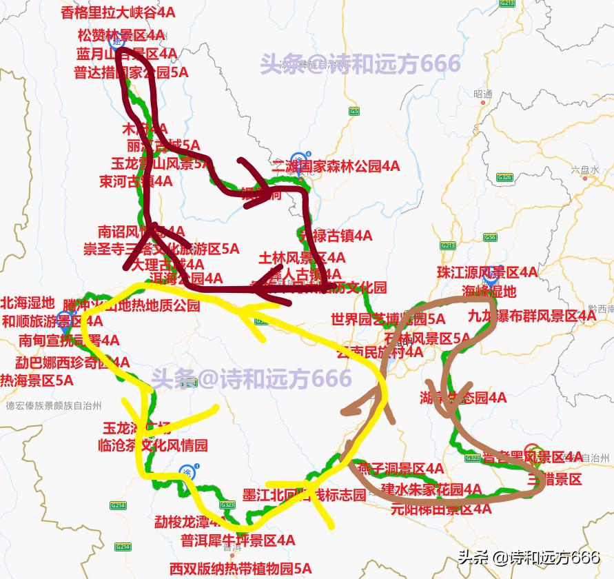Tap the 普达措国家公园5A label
tap(132, 72)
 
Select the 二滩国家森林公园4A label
tap(336, 166)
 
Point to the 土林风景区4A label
tap(302, 258)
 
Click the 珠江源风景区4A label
tap(487, 272)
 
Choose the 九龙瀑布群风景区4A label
tap(531, 316)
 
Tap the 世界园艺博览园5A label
tap(388, 319)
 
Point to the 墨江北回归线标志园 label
tap(305, 496)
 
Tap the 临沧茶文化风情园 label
tap(153, 445)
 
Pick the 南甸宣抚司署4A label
tap(69, 340)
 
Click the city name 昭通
tap(483, 94)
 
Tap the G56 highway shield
tap(490, 238)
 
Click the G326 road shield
tap(505, 177)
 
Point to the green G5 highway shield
tap(354, 111)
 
